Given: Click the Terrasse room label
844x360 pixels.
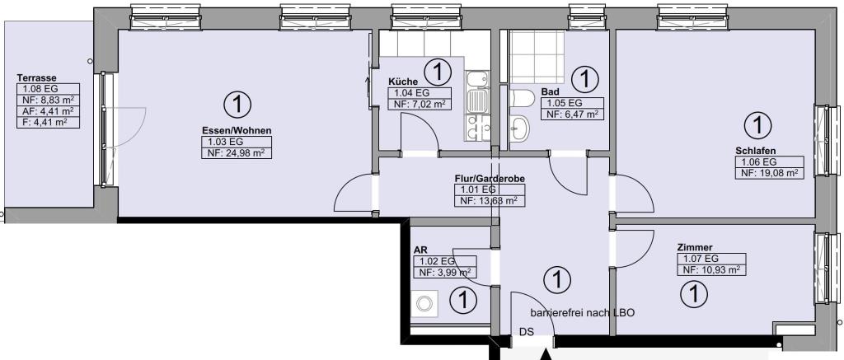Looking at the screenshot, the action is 36,77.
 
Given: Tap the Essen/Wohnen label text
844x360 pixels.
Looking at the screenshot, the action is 237,131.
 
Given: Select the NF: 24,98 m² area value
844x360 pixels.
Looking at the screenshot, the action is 237,153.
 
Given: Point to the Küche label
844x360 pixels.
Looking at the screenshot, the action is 402,82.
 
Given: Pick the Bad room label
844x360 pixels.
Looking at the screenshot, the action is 550,92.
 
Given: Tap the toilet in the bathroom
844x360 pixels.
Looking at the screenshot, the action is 522,98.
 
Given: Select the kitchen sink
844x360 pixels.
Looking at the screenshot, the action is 476,101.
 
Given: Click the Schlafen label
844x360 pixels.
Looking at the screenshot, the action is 756,151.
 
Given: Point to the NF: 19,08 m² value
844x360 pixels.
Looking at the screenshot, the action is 770,173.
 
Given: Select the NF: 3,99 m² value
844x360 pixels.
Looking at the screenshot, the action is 444,273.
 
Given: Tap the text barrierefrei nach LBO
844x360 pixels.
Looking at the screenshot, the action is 583,313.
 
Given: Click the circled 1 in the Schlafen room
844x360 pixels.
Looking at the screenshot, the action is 757,125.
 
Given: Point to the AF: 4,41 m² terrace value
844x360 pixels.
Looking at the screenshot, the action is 49,111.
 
